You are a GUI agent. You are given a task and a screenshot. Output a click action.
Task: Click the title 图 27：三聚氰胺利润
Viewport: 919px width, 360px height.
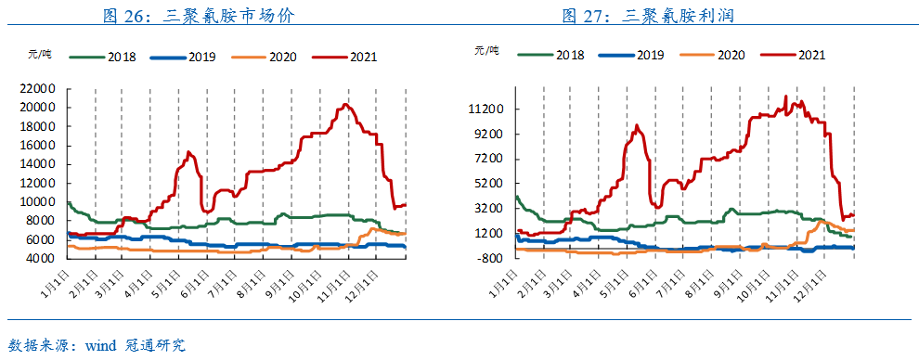click(648, 14)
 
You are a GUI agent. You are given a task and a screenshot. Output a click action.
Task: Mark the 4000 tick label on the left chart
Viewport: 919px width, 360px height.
click(42, 259)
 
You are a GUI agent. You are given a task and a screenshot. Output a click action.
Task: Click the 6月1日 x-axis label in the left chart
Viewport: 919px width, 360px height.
click(194, 281)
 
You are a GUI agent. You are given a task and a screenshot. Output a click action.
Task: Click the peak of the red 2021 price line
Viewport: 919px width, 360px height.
click(344, 104)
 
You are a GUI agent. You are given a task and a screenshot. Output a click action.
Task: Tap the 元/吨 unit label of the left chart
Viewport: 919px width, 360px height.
click(38, 54)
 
